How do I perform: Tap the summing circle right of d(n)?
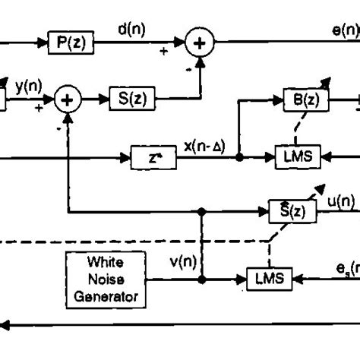pyautogui.click(x=199, y=43)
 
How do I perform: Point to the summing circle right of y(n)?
pyautogui.click(x=69, y=99)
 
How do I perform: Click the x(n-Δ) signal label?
pyautogui.click(x=204, y=145)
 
